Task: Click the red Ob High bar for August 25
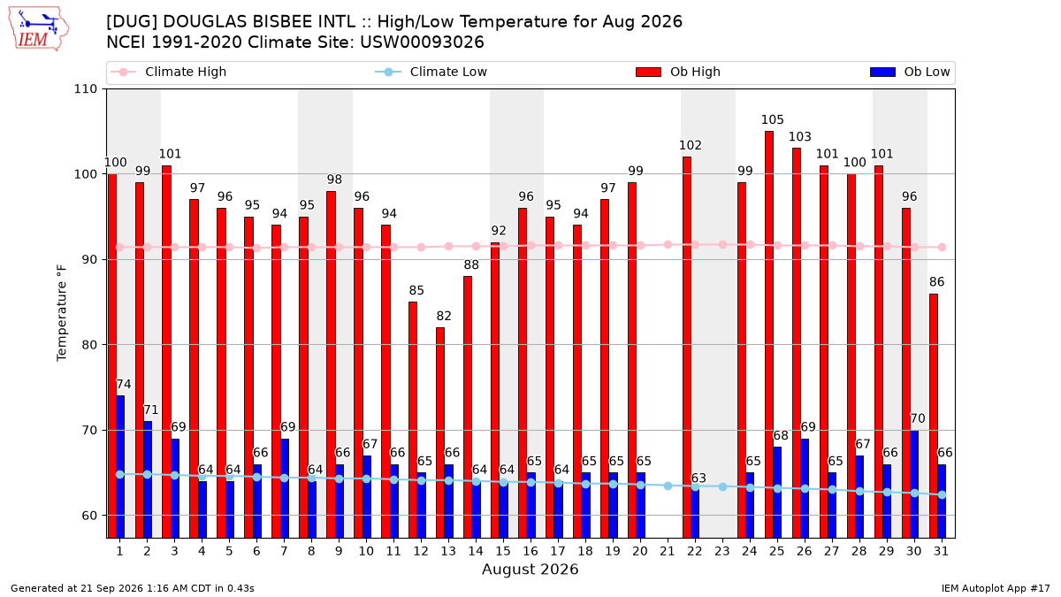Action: tap(768, 334)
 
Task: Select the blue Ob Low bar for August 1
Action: tap(120, 467)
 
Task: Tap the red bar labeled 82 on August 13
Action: tap(440, 432)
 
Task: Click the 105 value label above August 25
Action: tap(772, 120)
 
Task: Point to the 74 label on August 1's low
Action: tap(124, 384)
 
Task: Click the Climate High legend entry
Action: tap(168, 72)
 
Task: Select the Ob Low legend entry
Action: tap(910, 72)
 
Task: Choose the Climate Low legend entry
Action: tap(431, 72)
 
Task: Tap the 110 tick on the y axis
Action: tap(85, 89)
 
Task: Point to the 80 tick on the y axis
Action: tap(89, 345)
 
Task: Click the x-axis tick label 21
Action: tap(668, 551)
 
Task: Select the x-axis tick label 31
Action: tap(941, 551)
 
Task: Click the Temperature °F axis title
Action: tap(62, 313)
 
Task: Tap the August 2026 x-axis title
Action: tap(530, 569)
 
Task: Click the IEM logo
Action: tap(39, 29)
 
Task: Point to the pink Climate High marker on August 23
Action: tap(722, 245)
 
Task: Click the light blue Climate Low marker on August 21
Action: tap(668, 486)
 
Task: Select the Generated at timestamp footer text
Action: tap(132, 588)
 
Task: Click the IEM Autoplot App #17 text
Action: tap(996, 588)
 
